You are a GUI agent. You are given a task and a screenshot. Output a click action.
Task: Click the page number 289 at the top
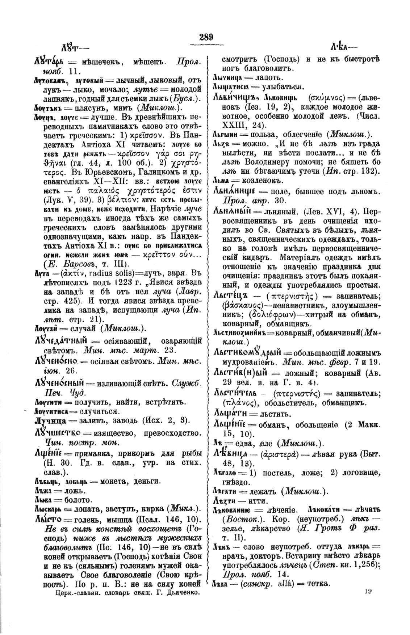(206, 37)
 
